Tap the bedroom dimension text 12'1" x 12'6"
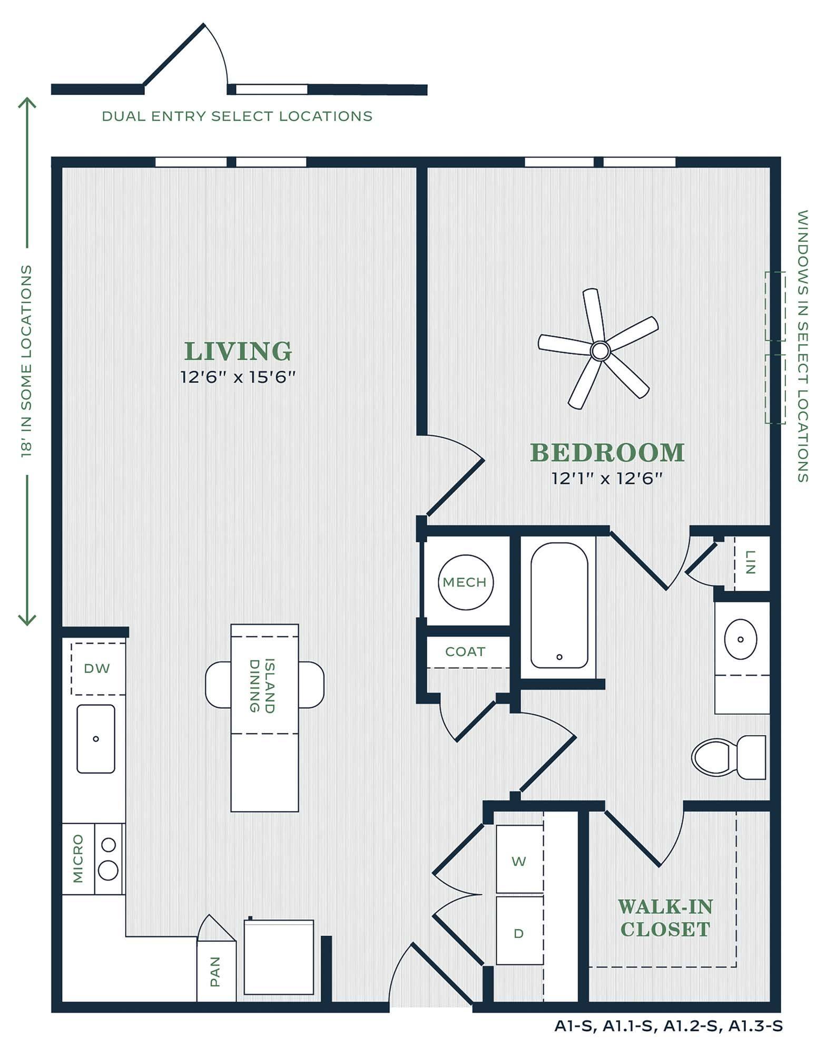[606, 479]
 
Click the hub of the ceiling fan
[600, 350]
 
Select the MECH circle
[466, 582]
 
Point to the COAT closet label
[465, 652]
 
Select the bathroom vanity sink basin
[740, 639]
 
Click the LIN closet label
[751, 562]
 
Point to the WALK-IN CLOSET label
[665, 918]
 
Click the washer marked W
[519, 861]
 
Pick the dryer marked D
[519, 933]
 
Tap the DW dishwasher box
[97, 668]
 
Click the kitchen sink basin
[96, 738]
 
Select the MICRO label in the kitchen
[78, 858]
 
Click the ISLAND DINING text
[262, 686]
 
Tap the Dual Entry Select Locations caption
[237, 116]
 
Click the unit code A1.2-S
[692, 1026]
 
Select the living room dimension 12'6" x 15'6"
[238, 377]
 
